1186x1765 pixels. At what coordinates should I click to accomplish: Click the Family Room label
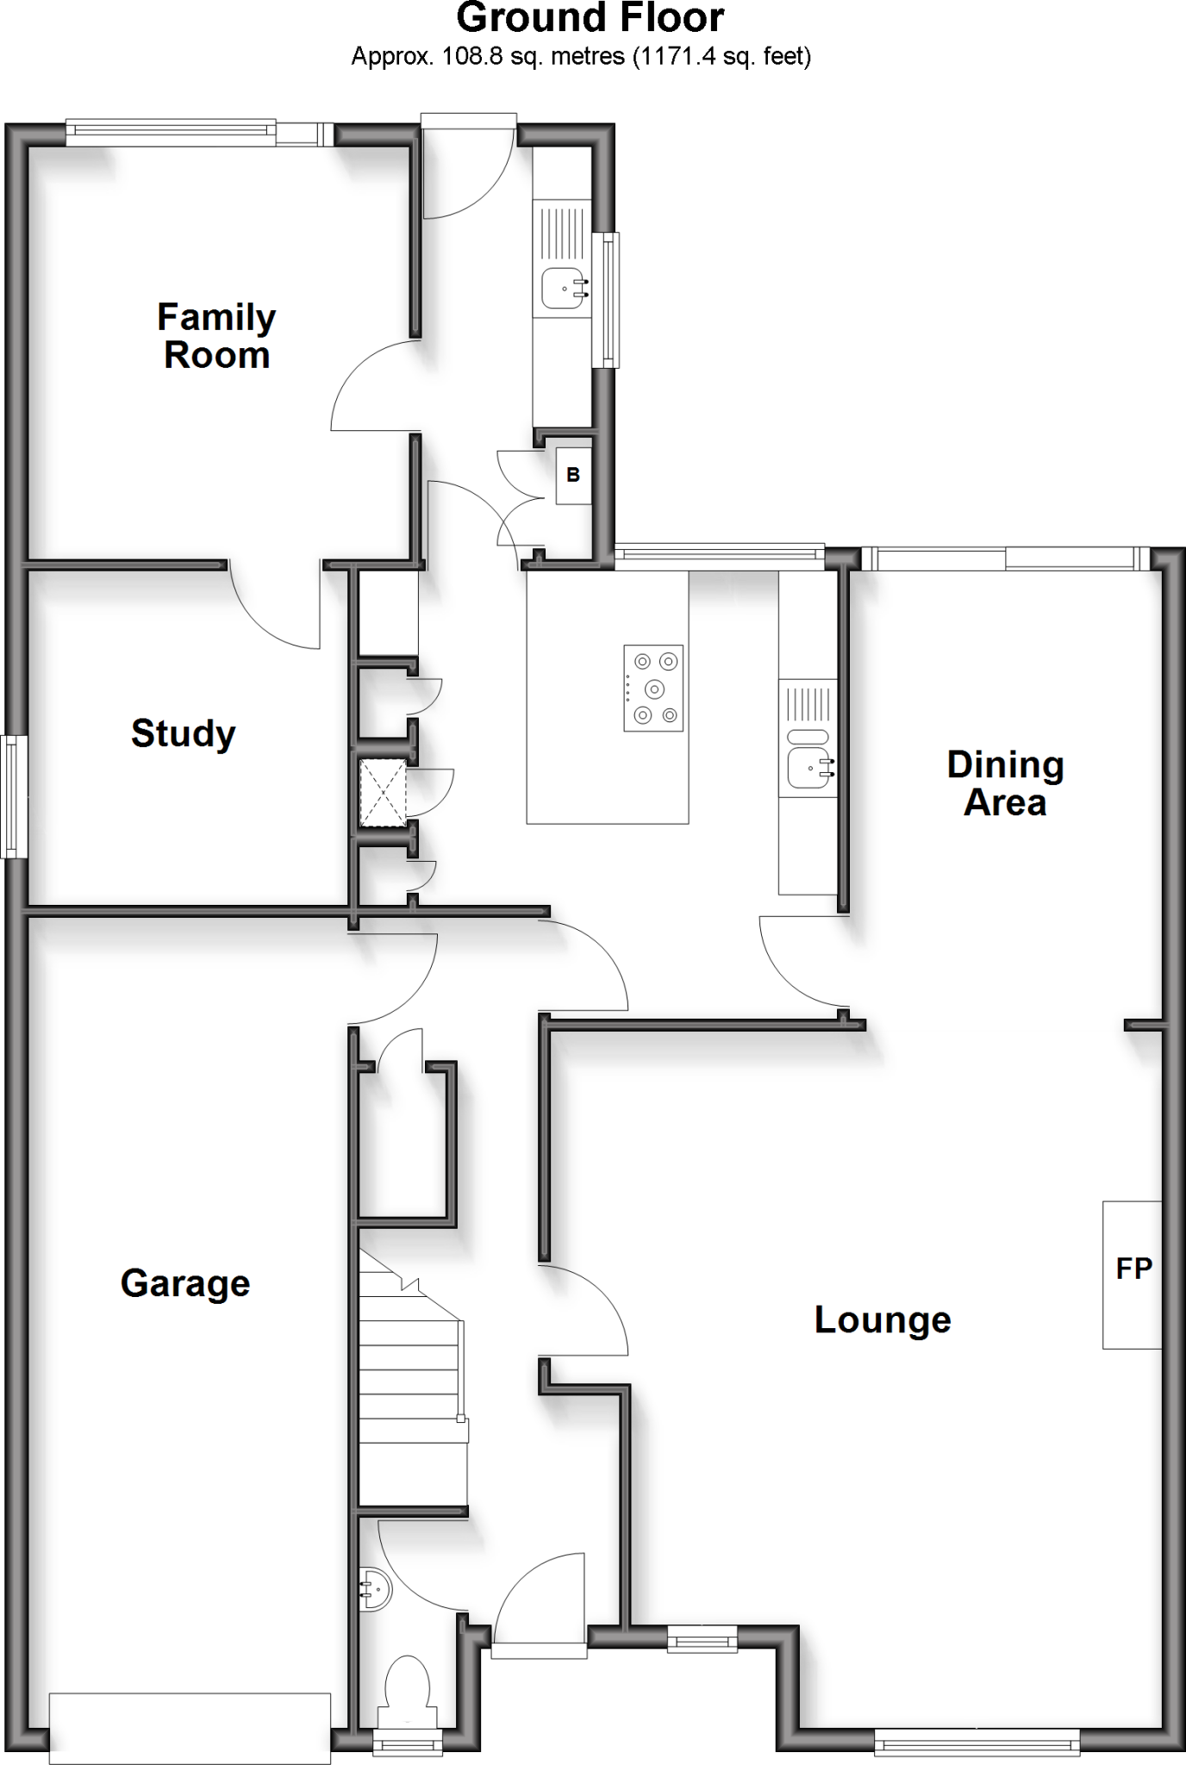pos(216,336)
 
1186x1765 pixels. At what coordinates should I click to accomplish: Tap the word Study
pos(183,733)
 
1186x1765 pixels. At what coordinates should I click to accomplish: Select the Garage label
pos(185,1283)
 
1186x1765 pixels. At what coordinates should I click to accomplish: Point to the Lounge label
pos(883,1320)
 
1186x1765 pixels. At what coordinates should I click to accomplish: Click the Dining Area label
pos(1005,783)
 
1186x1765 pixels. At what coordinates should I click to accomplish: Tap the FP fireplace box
pos(1133,1275)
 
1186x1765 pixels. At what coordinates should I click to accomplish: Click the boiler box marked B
pos(573,475)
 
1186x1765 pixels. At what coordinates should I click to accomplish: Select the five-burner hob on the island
pos(653,689)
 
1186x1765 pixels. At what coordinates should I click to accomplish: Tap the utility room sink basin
pos(564,288)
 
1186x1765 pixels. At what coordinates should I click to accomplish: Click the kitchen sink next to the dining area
pos(808,766)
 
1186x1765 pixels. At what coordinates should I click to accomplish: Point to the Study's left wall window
pos(13,795)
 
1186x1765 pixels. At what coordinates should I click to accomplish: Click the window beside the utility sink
pos(610,300)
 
